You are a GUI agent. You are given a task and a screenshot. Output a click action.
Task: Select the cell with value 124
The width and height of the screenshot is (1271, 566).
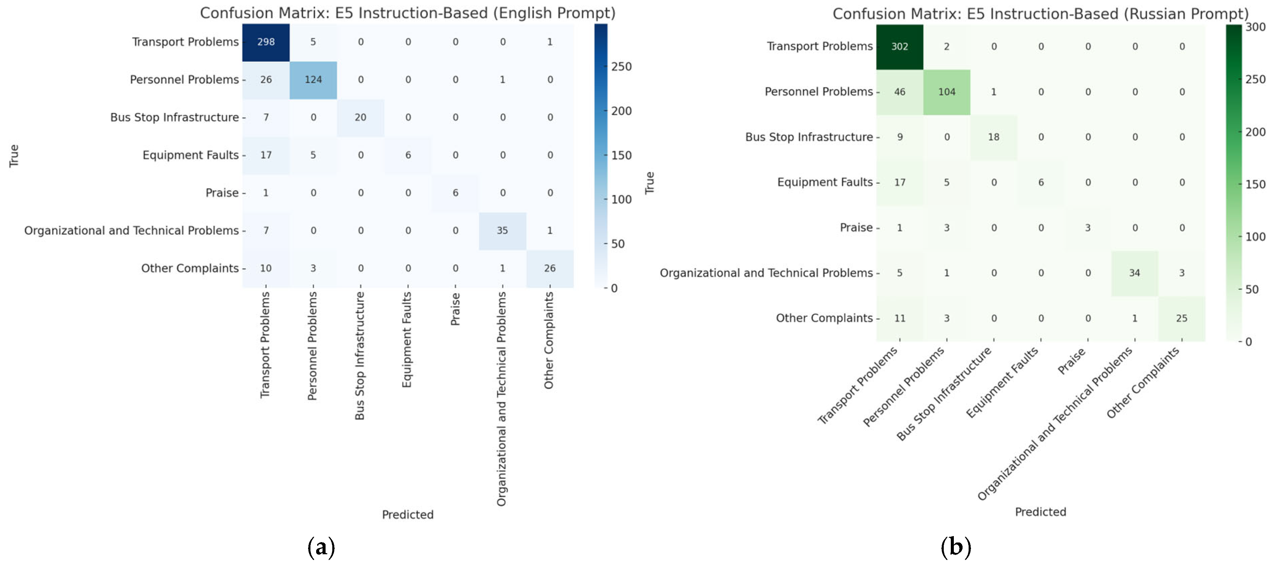[313, 80]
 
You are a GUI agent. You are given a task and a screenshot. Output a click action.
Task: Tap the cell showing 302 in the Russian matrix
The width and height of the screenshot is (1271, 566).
[899, 46]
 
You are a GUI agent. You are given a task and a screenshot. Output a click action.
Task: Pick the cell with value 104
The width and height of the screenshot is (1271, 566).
[946, 92]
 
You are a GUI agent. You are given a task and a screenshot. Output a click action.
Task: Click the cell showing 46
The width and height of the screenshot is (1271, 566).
[899, 92]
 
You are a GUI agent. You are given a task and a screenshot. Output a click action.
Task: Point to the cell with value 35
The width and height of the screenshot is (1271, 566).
[502, 230]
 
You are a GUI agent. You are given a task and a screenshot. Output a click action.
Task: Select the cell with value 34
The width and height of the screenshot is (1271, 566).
[1134, 273]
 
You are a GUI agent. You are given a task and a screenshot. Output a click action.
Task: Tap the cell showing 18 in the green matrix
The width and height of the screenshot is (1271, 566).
[993, 137]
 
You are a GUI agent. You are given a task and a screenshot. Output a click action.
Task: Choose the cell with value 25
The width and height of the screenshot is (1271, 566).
[1181, 318]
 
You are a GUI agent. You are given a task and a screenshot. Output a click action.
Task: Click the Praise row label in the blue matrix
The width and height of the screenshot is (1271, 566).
[222, 193]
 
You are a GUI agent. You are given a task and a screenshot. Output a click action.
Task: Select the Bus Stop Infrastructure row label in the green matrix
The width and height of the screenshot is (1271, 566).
[809, 137]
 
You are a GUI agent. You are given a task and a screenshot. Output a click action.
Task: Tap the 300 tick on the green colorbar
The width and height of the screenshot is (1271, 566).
[1255, 27]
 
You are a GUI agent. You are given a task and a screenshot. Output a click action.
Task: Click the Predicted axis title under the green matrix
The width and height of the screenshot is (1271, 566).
[1040, 512]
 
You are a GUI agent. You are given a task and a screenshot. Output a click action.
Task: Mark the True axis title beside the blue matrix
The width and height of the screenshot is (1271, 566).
[14, 156]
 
